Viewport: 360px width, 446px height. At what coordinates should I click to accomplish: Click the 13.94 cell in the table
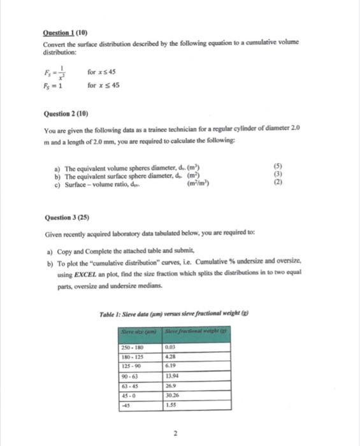pos(172,377)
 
